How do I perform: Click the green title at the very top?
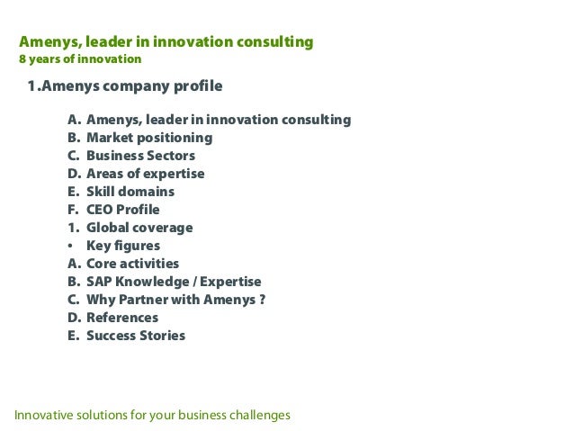coord(166,41)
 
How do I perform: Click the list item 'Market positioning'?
coord(149,138)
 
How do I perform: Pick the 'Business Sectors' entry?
coord(140,156)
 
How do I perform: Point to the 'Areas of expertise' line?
coord(145,174)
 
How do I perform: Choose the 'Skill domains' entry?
coord(130,192)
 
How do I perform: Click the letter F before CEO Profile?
coord(72,210)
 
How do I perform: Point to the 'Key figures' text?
coord(123,246)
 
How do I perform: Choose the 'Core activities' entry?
coord(132,264)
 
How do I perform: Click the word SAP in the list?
coord(99,282)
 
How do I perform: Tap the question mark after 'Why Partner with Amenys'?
coord(262,300)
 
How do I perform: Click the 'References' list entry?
coord(121,318)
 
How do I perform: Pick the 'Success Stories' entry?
coord(136,336)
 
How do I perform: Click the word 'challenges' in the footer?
coord(261,415)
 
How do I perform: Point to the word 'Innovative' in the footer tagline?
coord(42,415)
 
